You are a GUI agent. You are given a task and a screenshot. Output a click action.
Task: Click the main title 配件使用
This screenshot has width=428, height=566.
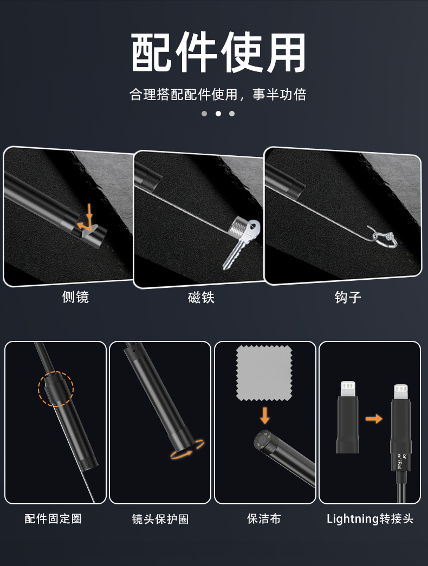[218, 52]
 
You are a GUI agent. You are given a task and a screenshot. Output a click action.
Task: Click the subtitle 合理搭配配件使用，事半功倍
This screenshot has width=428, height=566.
[218, 95]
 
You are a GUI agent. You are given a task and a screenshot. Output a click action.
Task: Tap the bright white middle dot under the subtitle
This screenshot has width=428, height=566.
[218, 113]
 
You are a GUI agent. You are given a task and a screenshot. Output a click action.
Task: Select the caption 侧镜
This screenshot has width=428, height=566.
[75, 297]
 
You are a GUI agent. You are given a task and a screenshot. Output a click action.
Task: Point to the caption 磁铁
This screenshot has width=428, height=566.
[202, 298]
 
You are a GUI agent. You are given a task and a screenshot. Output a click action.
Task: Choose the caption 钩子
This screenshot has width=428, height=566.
[348, 298]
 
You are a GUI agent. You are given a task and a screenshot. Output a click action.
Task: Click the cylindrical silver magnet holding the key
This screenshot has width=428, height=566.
[239, 227]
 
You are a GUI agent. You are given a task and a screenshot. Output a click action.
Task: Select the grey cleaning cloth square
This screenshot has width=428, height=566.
[264, 373]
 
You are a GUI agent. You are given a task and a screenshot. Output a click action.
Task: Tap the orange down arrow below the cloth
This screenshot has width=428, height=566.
[265, 416]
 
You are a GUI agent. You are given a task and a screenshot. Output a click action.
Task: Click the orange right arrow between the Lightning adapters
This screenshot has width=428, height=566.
[374, 419]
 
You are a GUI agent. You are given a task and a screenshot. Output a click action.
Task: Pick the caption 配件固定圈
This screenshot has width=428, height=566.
[53, 519]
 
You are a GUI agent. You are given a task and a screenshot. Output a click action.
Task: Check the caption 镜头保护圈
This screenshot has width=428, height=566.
[160, 519]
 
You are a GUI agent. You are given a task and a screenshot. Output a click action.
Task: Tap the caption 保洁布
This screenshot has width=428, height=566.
[264, 519]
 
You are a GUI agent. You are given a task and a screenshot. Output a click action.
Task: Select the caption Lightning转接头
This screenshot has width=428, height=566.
[370, 519]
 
